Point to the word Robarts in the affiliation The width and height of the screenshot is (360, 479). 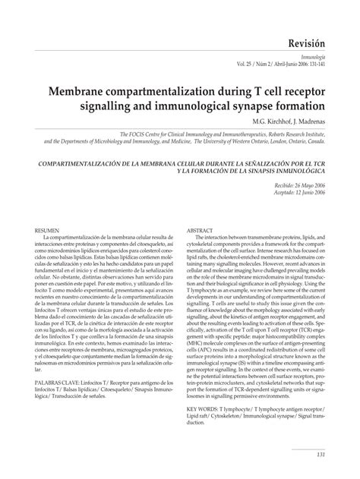coord(276,131)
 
